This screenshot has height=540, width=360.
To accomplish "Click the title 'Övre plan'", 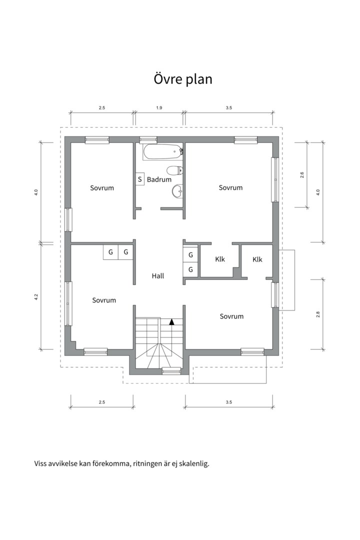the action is [x=183, y=79].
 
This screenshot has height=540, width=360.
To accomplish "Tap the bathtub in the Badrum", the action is [x=162, y=152].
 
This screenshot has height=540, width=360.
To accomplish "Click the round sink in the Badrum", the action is [x=177, y=191].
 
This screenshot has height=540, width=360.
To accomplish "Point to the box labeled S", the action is [x=139, y=179].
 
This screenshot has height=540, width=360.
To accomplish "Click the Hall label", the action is [x=158, y=276].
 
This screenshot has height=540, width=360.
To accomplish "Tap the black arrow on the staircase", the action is [x=171, y=322].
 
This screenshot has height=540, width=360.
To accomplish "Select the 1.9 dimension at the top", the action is [x=159, y=108].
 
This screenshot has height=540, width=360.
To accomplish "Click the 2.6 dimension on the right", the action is [x=302, y=174].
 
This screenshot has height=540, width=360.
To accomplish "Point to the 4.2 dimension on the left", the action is [x=36, y=296].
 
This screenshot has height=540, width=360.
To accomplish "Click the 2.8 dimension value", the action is [x=317, y=314].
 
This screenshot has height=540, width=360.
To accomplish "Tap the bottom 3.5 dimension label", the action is [x=228, y=402].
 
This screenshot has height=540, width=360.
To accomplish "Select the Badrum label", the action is [x=159, y=179].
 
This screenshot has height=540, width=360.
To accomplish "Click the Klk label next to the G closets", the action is [x=220, y=259].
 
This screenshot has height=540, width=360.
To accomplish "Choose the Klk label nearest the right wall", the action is [x=257, y=259].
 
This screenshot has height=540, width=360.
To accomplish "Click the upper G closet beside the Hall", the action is [x=190, y=255].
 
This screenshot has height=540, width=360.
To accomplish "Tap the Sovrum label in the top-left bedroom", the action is [x=102, y=188].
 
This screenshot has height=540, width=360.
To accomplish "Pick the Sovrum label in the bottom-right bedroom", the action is [x=231, y=316].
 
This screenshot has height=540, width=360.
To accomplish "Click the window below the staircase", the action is [x=171, y=371].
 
